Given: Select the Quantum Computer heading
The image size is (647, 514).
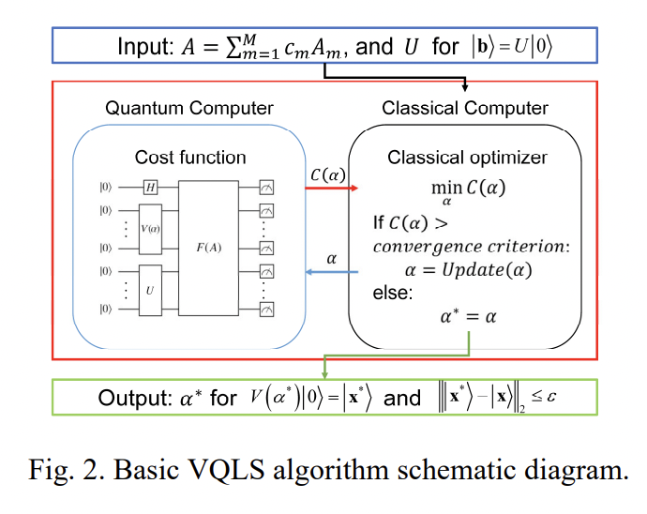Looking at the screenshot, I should pos(189,109).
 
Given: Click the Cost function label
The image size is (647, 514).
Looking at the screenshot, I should pos(190,157).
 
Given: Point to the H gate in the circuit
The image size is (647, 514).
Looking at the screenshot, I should pos(150,188).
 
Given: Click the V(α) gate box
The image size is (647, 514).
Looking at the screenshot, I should pos(150,229).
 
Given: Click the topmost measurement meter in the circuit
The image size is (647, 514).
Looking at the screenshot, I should pos(266,188).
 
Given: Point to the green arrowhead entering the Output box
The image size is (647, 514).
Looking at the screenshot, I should pos(323,374).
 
